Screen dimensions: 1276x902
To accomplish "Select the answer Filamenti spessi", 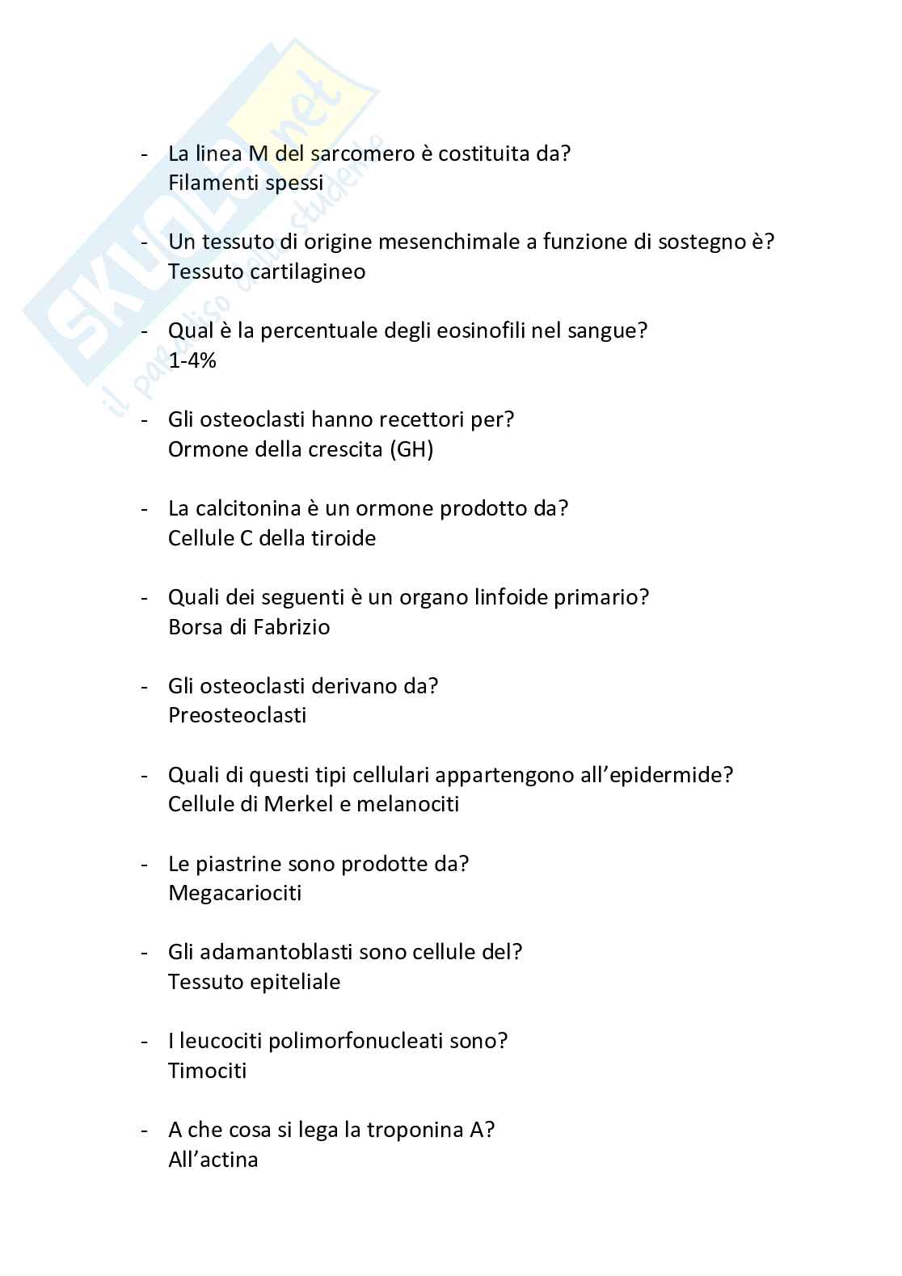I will pyautogui.click(x=246, y=183).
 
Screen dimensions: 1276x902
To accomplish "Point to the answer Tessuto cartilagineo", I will pyautogui.click(x=267, y=272).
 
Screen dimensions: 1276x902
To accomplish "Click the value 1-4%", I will pyautogui.click(x=192, y=360).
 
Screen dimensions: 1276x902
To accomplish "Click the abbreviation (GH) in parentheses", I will pyautogui.click(x=411, y=449).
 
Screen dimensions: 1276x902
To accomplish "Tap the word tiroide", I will pyautogui.click(x=344, y=538).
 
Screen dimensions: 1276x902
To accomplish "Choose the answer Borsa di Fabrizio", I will pyautogui.click(x=249, y=627).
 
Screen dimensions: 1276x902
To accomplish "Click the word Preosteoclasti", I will pyautogui.click(x=237, y=716).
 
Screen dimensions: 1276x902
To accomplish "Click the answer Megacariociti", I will pyautogui.click(x=234, y=894).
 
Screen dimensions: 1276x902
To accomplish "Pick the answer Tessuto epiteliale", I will pyautogui.click(x=254, y=983).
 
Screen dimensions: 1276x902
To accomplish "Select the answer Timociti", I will pyautogui.click(x=207, y=1072).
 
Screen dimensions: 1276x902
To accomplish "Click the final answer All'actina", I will pyautogui.click(x=213, y=1160).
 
